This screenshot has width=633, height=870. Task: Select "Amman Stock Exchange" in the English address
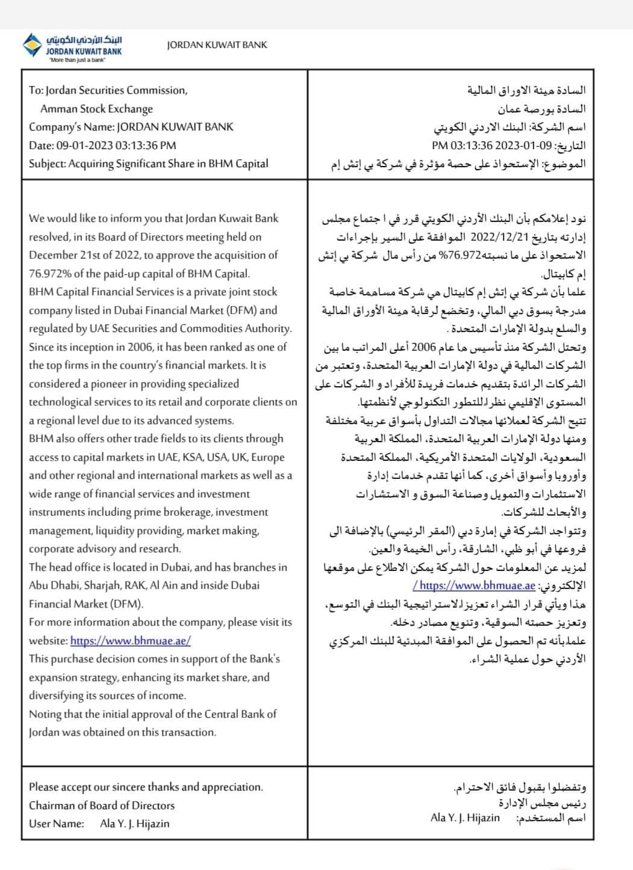(x=96, y=109)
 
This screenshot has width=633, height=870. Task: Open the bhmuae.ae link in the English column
(x=130, y=641)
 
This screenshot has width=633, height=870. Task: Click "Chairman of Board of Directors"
(x=102, y=806)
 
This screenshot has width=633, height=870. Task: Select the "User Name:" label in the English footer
(x=56, y=824)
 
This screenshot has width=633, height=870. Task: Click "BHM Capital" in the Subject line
(x=239, y=164)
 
